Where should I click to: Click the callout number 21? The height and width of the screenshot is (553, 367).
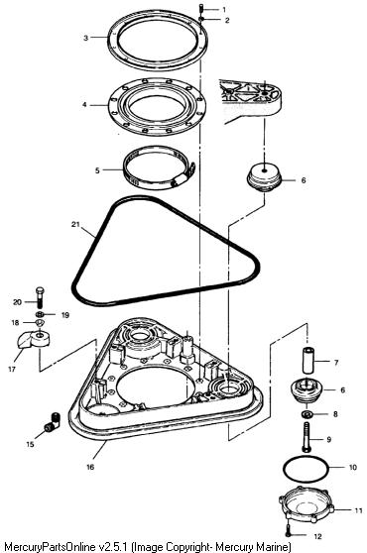[75, 224]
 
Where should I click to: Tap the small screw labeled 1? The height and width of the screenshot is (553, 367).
[201, 8]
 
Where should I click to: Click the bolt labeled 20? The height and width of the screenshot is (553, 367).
[39, 297]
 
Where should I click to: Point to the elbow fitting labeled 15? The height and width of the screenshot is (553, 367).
[53, 422]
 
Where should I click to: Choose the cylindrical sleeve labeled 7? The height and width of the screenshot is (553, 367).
[308, 361]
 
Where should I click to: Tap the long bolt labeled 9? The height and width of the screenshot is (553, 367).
[306, 437]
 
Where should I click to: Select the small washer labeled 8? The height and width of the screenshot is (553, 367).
[306, 413]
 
